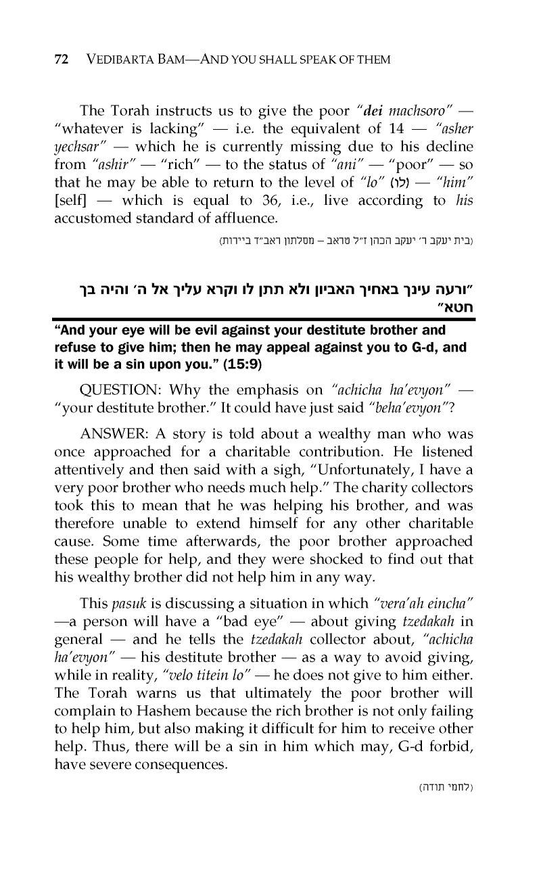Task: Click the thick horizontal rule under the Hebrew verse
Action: pyautogui.click(x=270, y=319)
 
